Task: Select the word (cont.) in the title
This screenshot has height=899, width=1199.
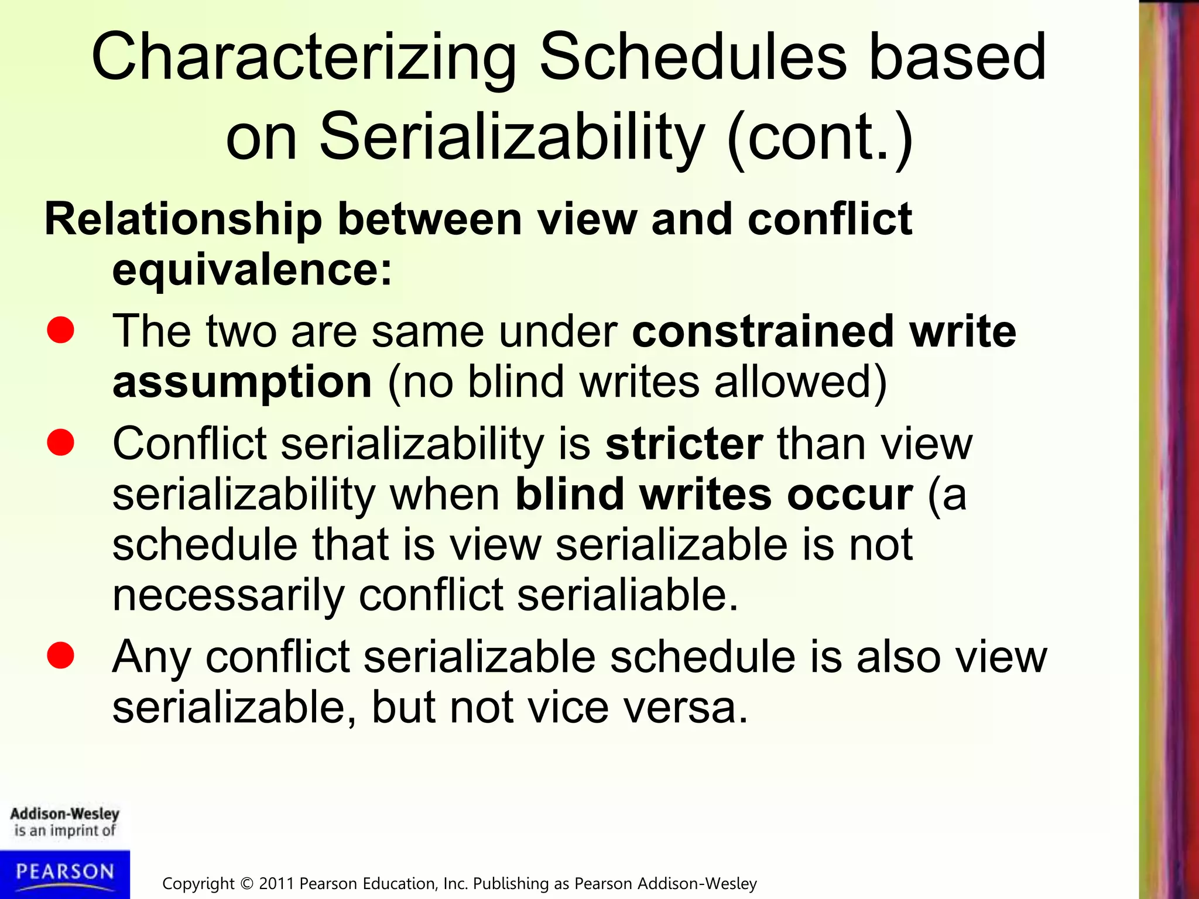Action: click(820, 138)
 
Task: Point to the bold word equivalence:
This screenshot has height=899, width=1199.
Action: click(252, 270)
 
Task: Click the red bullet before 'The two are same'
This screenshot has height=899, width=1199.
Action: click(61, 330)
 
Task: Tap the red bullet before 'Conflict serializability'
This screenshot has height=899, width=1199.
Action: click(61, 442)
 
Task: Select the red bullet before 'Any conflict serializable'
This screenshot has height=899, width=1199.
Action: click(61, 656)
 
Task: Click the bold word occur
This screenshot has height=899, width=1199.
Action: click(849, 495)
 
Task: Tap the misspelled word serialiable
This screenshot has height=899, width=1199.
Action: click(628, 596)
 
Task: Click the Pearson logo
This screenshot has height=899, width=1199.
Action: click(65, 873)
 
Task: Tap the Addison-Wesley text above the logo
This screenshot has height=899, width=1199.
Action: click(65, 814)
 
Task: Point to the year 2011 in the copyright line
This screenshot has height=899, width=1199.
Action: click(276, 884)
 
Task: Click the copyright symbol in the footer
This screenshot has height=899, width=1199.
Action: click(246, 884)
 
